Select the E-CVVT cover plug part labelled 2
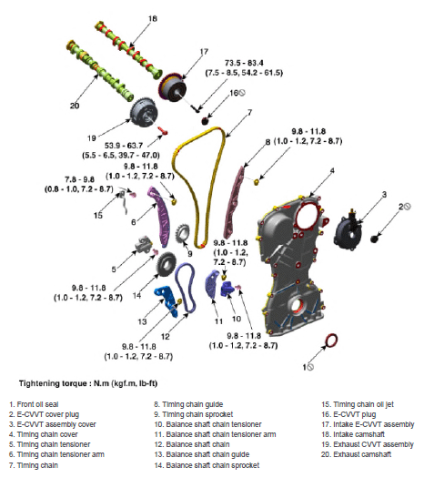pos(374,239)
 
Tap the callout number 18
pos(153,18)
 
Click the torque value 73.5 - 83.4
pos(244,63)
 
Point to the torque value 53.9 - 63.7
pos(124,146)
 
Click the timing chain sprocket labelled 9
pos(183,233)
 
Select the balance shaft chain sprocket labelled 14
pos(167,265)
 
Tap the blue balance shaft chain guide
pos(167,300)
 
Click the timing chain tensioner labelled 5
pos(144,245)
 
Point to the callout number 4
pos(332,171)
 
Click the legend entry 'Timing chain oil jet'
pos(358,404)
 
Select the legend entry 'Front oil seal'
pos(34,404)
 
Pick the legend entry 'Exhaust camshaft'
pos(356,454)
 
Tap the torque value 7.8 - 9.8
pos(79,179)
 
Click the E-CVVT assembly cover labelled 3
pos(348,230)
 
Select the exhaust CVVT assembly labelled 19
pos(144,114)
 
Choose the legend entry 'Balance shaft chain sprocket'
pos(207,465)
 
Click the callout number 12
pos(165,337)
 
